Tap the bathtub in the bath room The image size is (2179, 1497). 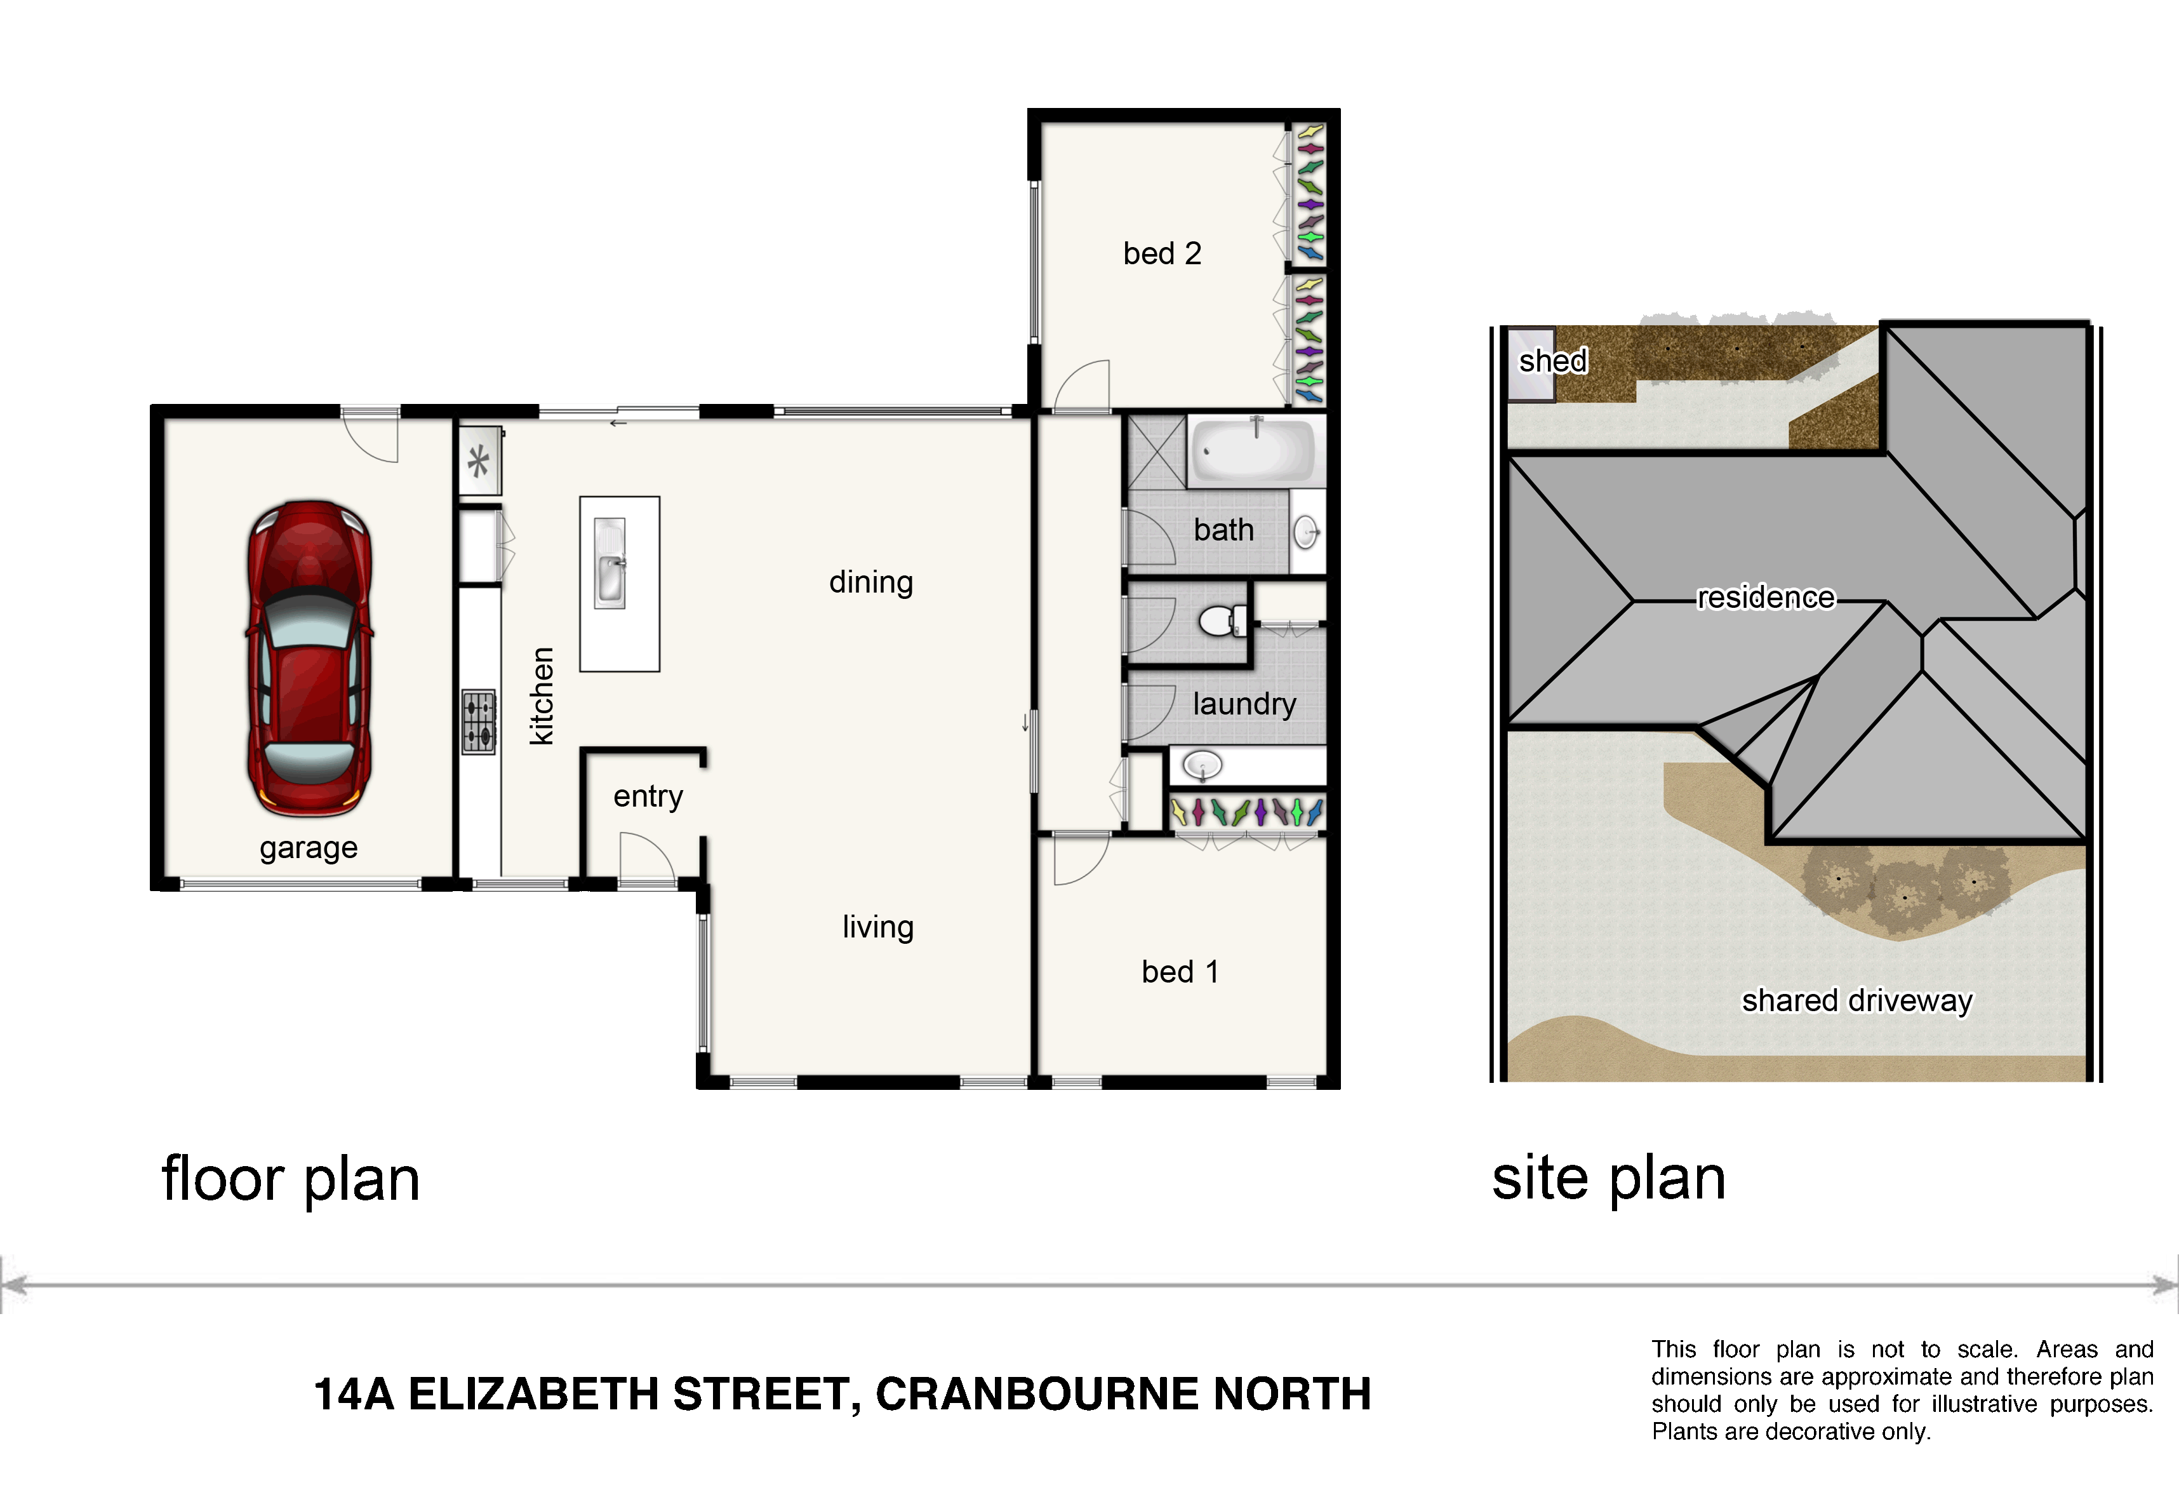[1251, 450]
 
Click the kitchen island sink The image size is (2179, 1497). [610, 563]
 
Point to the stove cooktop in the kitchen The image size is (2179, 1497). [478, 722]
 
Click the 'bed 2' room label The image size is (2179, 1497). [1162, 253]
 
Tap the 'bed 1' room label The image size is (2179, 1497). [1180, 972]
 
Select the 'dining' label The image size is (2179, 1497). [871, 582]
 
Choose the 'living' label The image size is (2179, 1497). [877, 927]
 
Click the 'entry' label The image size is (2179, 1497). [648, 796]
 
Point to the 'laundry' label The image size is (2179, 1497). [1244, 704]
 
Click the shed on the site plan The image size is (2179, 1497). [1530, 364]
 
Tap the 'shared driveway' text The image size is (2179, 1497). [1856, 1001]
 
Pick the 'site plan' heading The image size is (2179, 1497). [1608, 1178]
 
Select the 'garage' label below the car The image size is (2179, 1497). [309, 848]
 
